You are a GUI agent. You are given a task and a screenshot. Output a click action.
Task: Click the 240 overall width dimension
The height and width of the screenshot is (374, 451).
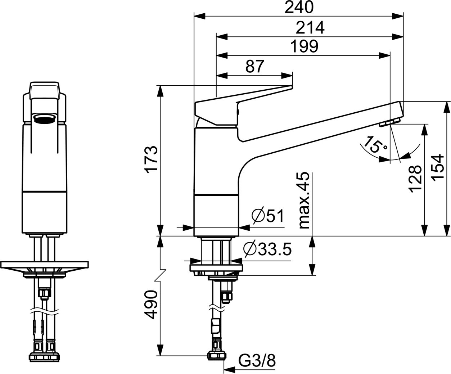coord(299,7)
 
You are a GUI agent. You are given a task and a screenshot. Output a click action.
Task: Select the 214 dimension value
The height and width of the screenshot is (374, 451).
coord(310,28)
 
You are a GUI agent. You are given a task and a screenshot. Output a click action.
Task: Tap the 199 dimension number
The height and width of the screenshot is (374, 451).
coord(304,46)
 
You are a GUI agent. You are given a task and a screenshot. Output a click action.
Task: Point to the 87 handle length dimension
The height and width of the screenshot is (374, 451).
coord(254,67)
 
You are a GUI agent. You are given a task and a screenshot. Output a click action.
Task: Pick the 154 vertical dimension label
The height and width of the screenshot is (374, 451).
coord(438,168)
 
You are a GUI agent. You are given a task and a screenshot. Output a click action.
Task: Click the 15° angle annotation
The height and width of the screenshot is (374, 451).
coord(375,145)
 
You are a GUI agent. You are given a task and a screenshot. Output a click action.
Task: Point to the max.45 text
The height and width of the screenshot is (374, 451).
coord(304,200)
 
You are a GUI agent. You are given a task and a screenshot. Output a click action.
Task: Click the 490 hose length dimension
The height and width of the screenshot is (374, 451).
coord(152,305)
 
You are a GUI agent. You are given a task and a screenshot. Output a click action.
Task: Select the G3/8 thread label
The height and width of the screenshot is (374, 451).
coord(257,360)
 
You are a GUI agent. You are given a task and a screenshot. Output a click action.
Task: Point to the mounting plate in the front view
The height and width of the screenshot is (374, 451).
coord(45,265)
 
